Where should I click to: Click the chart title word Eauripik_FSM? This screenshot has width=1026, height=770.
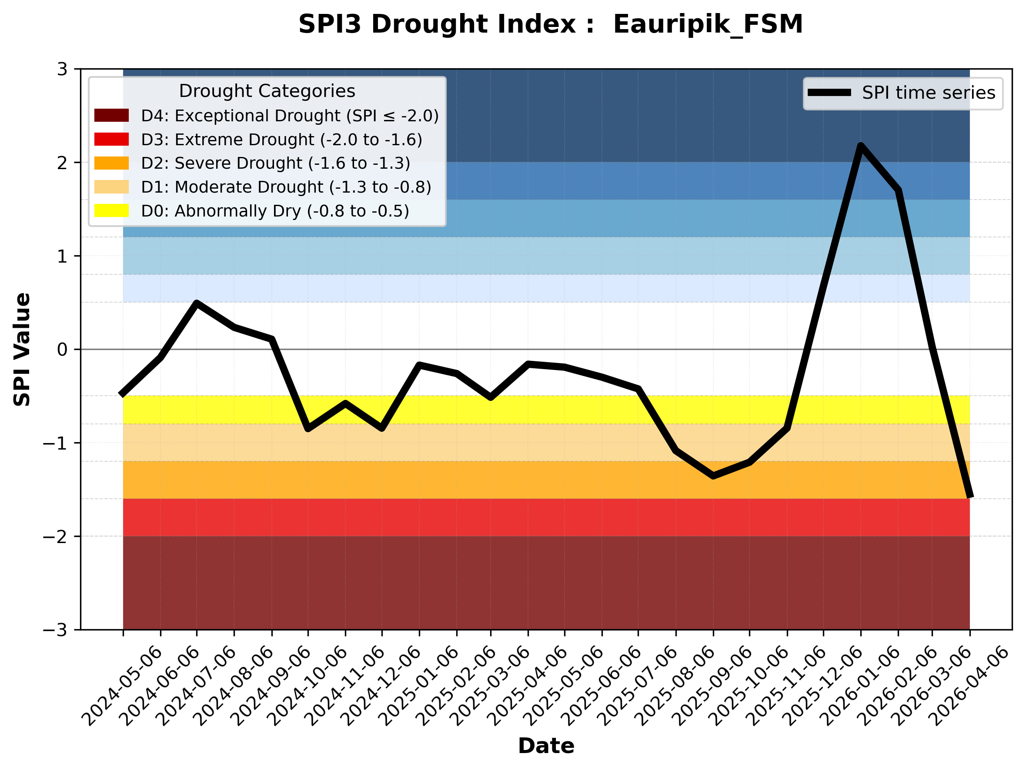click(708, 24)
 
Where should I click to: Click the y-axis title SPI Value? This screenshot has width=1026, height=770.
click(22, 350)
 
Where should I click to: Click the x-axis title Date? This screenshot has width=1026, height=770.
click(546, 746)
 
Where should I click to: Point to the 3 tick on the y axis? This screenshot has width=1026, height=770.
click(62, 69)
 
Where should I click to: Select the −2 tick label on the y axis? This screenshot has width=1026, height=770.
click(55, 537)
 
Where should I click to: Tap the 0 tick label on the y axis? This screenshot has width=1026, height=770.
click(62, 350)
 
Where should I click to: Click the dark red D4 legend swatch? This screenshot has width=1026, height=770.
click(111, 115)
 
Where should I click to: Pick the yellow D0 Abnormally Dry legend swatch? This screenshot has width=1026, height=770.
click(111, 210)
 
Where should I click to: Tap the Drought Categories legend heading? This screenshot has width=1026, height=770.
click(267, 91)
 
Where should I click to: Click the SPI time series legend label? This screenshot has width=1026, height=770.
click(929, 93)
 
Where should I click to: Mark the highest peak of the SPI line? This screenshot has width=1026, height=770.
click(861, 146)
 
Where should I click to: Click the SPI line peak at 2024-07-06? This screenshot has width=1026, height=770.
click(197, 303)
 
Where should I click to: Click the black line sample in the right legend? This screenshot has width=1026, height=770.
click(829, 93)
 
